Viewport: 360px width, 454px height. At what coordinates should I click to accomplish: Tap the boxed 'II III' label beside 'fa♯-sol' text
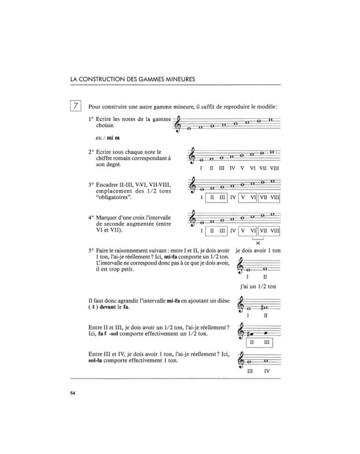pos(257,342)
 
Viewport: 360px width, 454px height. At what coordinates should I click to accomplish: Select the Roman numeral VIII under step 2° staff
pos(274,169)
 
